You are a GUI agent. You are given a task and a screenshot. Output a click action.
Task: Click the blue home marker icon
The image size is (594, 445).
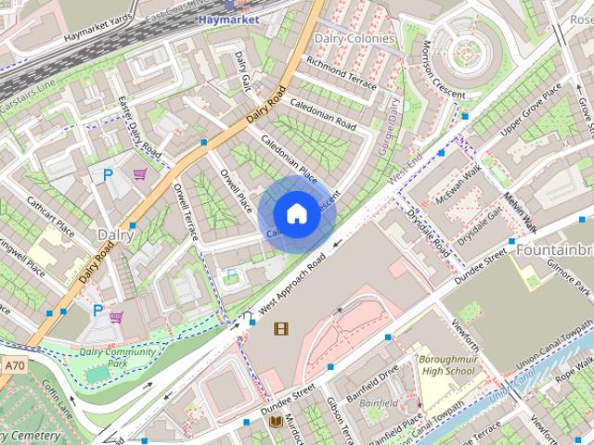(295, 213)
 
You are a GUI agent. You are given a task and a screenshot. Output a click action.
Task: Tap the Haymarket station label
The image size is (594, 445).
(228, 18)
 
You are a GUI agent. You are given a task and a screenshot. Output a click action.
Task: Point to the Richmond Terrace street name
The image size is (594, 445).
(342, 75)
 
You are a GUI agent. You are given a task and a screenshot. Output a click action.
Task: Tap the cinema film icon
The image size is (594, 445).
(280, 327)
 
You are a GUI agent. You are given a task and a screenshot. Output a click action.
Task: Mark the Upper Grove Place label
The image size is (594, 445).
(531, 108)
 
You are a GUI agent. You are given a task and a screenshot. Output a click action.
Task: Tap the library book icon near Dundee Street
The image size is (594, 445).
(276, 422)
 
